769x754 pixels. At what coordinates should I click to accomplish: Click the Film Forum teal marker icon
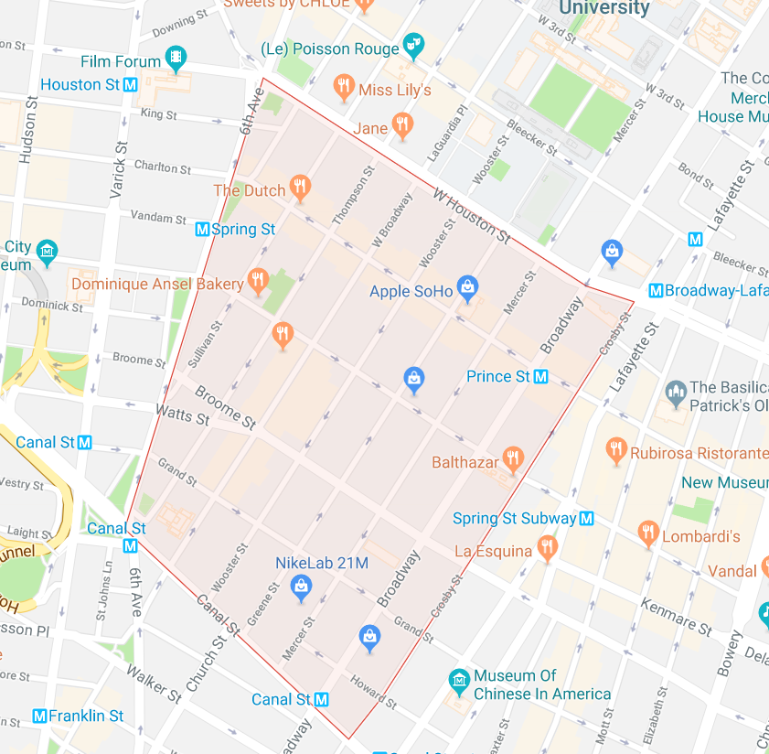pyautogui.click(x=175, y=59)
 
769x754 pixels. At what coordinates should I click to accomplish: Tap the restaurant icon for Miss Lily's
pyautogui.click(x=344, y=88)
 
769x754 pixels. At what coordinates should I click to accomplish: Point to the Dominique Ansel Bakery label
pyautogui.click(x=157, y=284)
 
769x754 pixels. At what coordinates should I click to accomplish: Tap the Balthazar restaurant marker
pyautogui.click(x=512, y=459)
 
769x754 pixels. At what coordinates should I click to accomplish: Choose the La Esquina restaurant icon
pyautogui.click(x=547, y=548)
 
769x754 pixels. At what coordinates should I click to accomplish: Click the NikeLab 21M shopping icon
pyautogui.click(x=301, y=590)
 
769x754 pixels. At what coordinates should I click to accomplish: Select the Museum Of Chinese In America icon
pyautogui.click(x=459, y=682)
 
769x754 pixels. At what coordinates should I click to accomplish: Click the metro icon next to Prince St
pyautogui.click(x=540, y=376)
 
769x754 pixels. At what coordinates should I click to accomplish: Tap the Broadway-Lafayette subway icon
pyautogui.click(x=655, y=291)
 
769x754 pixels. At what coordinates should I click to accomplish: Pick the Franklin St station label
pyautogui.click(x=87, y=716)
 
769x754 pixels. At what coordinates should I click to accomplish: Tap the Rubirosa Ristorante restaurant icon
pyautogui.click(x=616, y=449)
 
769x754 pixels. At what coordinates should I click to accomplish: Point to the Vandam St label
pyautogui.click(x=158, y=218)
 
